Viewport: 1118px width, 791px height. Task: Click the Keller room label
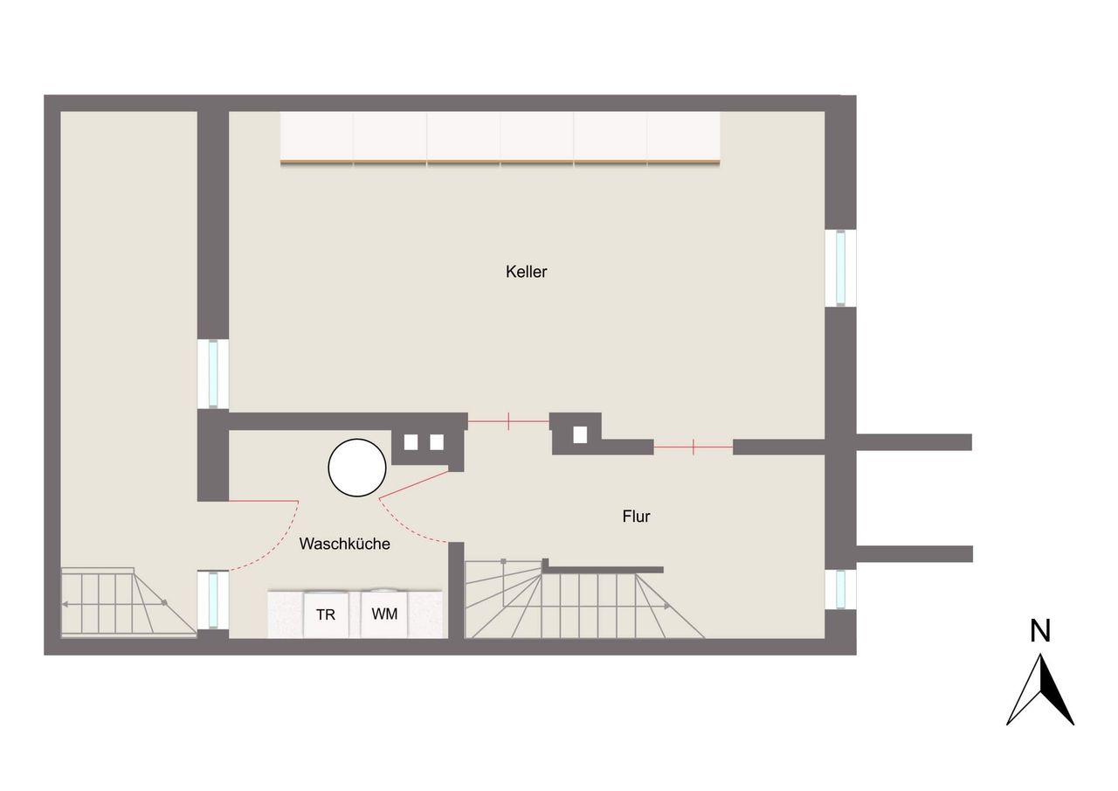(x=526, y=272)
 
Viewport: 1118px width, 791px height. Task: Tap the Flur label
(x=636, y=517)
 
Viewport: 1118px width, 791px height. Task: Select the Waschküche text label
(x=344, y=544)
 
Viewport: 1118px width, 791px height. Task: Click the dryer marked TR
(x=326, y=614)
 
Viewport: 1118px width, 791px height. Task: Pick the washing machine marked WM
(x=384, y=614)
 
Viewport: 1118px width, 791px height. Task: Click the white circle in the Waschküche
(x=357, y=468)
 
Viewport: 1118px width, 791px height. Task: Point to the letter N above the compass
(x=1040, y=631)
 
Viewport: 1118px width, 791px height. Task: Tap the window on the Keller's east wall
(x=841, y=267)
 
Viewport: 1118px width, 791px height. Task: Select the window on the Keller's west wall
(x=213, y=374)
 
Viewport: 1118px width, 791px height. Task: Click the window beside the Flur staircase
(x=841, y=590)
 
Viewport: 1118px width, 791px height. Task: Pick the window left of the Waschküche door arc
(x=213, y=600)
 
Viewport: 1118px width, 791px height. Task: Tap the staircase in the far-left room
(x=128, y=603)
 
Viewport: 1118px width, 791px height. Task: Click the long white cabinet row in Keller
(x=500, y=138)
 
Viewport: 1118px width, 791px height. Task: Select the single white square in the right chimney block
(x=580, y=435)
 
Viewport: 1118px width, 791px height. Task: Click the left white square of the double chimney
(x=411, y=442)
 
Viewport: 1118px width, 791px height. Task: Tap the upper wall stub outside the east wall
(x=914, y=442)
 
